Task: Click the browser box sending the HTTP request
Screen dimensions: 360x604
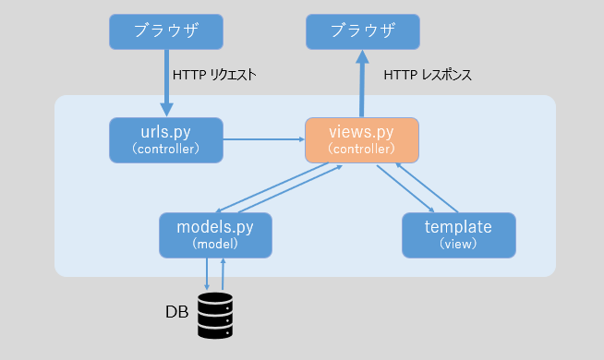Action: point(165,31)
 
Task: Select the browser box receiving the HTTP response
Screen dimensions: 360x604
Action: point(362,31)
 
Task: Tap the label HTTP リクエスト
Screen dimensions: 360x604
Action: point(214,75)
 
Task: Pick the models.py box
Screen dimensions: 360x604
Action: point(216,234)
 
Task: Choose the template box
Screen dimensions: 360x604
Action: point(458,234)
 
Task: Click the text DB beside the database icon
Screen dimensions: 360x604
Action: point(176,312)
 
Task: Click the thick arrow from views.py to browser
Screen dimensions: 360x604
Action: point(362,85)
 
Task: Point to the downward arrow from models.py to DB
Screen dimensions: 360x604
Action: point(207,273)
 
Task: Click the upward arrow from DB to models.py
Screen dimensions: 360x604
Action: point(223,273)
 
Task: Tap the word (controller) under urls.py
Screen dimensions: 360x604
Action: point(165,148)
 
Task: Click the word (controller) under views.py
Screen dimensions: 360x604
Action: point(362,148)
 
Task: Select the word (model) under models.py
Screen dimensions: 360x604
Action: point(216,245)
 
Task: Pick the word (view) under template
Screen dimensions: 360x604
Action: point(458,245)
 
